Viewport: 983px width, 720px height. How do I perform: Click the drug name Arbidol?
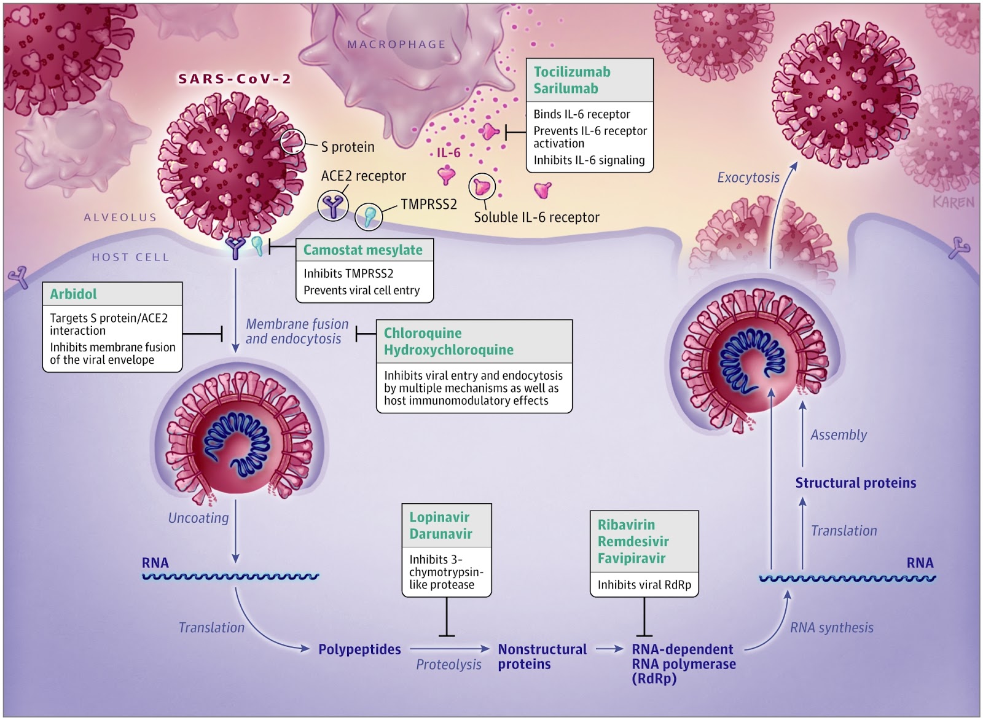tap(73, 294)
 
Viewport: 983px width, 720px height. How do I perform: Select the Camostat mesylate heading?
tap(362, 250)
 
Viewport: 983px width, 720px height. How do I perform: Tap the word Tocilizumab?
tap(572, 72)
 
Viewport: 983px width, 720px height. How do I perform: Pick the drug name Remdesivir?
tap(633, 541)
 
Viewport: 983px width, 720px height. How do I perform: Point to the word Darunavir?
tap(441, 534)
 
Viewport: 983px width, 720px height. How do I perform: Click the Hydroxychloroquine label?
tap(448, 350)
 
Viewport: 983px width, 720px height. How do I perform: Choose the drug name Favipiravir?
tap(632, 558)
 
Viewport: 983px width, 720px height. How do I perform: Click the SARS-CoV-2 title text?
tap(235, 79)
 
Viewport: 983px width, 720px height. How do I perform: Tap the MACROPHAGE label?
tap(396, 44)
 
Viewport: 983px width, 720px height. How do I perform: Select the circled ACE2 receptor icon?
tap(332, 205)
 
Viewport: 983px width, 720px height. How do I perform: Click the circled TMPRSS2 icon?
tap(369, 216)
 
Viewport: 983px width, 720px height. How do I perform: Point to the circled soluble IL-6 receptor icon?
tap(482, 186)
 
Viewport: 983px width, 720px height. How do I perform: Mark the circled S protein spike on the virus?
tap(292, 141)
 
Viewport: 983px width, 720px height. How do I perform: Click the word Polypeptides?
tap(359, 649)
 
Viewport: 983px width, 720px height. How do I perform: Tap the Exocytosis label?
tap(748, 178)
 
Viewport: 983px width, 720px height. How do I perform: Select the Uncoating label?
tap(198, 518)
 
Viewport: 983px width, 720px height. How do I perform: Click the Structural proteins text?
tap(855, 483)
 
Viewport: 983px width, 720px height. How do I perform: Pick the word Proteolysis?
tap(448, 665)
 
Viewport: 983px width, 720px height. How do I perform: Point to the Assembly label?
tap(838, 435)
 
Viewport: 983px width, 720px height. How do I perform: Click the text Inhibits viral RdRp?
tap(644, 585)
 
